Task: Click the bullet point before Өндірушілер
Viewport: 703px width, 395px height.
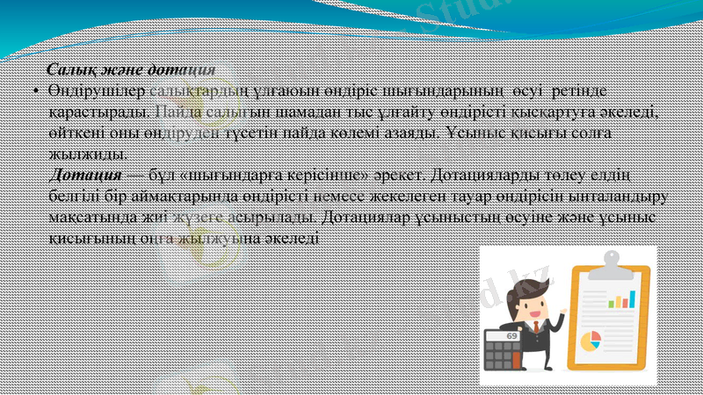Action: point(32,92)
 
